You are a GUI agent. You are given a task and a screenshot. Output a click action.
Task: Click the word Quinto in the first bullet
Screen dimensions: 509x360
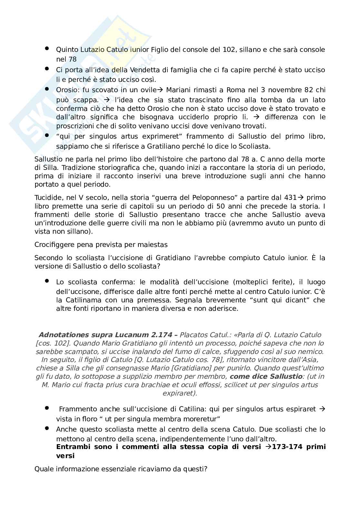coord(67,50)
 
